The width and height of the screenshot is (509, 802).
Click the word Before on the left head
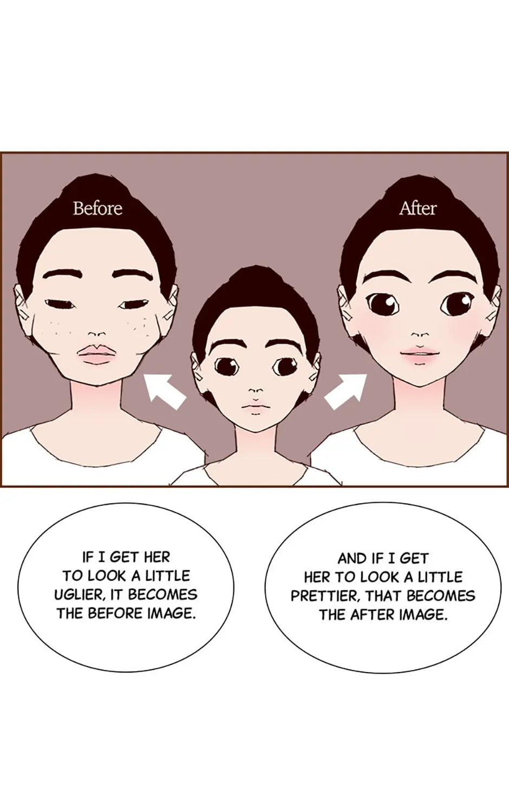[x=97, y=208]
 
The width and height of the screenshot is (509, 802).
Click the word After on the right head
[x=417, y=208]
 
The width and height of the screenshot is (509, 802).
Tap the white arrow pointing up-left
[x=165, y=392]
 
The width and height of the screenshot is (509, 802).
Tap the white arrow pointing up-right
[x=346, y=392]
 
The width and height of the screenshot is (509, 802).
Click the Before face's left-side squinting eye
[x=61, y=304]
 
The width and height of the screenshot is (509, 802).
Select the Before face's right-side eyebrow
[x=133, y=275]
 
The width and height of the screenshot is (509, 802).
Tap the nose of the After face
[x=420, y=335]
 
